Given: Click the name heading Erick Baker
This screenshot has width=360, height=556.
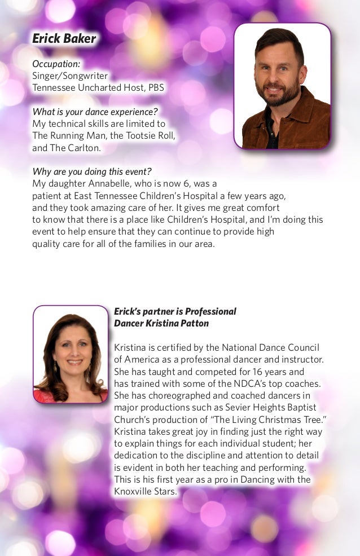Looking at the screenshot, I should coord(64,39).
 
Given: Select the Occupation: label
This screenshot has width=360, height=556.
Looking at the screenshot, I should coord(56,64).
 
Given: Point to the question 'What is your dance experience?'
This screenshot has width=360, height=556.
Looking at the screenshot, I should coord(95,111).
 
